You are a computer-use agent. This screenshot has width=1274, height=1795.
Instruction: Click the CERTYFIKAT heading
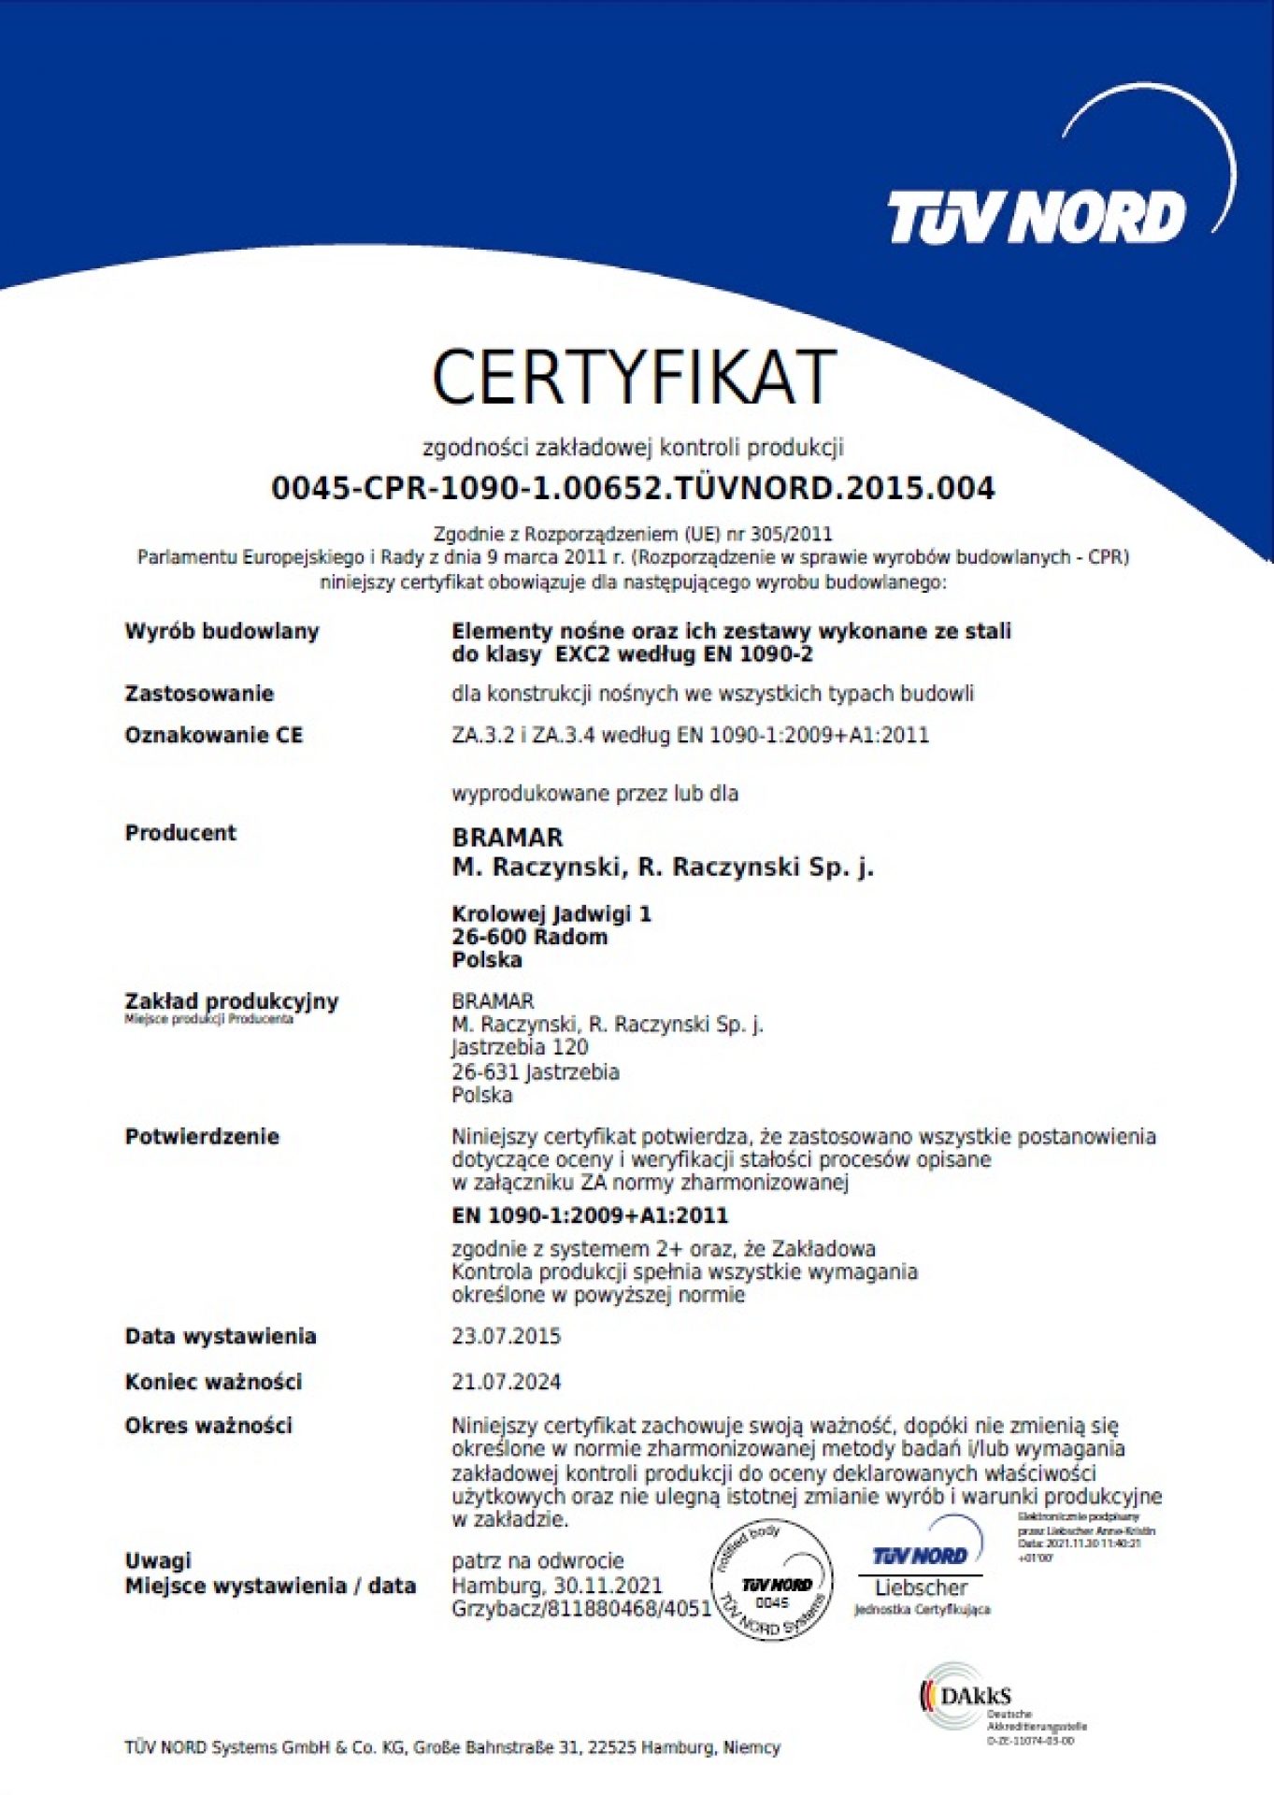pyautogui.click(x=633, y=377)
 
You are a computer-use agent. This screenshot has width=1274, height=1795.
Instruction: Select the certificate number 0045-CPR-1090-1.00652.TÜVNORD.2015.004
pyautogui.click(x=633, y=488)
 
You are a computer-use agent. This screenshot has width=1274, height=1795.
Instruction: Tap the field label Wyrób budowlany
pyautogui.click(x=222, y=631)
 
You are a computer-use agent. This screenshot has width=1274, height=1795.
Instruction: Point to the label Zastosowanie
pyautogui.click(x=199, y=694)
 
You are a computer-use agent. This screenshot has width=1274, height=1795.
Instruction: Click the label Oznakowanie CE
pyautogui.click(x=214, y=735)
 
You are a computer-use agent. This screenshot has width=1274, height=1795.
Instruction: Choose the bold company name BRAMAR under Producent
pyautogui.click(x=508, y=838)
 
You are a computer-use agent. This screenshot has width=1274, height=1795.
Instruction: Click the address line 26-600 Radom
pyautogui.click(x=529, y=937)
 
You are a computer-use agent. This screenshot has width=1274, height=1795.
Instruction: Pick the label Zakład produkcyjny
pyautogui.click(x=232, y=1001)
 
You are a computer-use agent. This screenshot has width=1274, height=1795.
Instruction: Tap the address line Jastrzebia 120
pyautogui.click(x=520, y=1047)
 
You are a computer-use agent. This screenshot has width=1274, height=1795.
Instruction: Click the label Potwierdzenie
pyautogui.click(x=202, y=1137)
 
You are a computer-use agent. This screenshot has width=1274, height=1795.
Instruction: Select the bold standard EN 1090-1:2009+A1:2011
pyautogui.click(x=589, y=1215)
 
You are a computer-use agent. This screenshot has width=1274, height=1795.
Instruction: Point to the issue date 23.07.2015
pyautogui.click(x=506, y=1336)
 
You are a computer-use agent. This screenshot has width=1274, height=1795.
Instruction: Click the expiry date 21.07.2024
pyautogui.click(x=506, y=1382)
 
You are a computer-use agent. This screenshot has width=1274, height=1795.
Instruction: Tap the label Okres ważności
pyautogui.click(x=208, y=1426)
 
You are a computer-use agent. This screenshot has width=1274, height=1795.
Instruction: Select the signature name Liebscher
pyautogui.click(x=921, y=1587)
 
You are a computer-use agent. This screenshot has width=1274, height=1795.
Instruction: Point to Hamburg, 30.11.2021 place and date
pyautogui.click(x=556, y=1586)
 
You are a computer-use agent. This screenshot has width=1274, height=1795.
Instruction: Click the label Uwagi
pyautogui.click(x=158, y=1560)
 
